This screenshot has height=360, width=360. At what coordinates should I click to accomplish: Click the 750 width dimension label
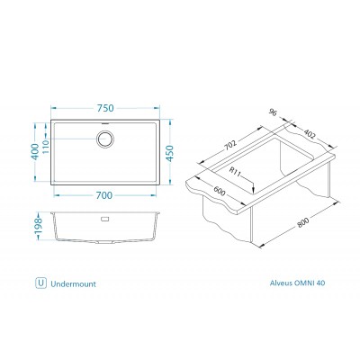107,103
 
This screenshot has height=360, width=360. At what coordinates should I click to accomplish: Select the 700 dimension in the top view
107,193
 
